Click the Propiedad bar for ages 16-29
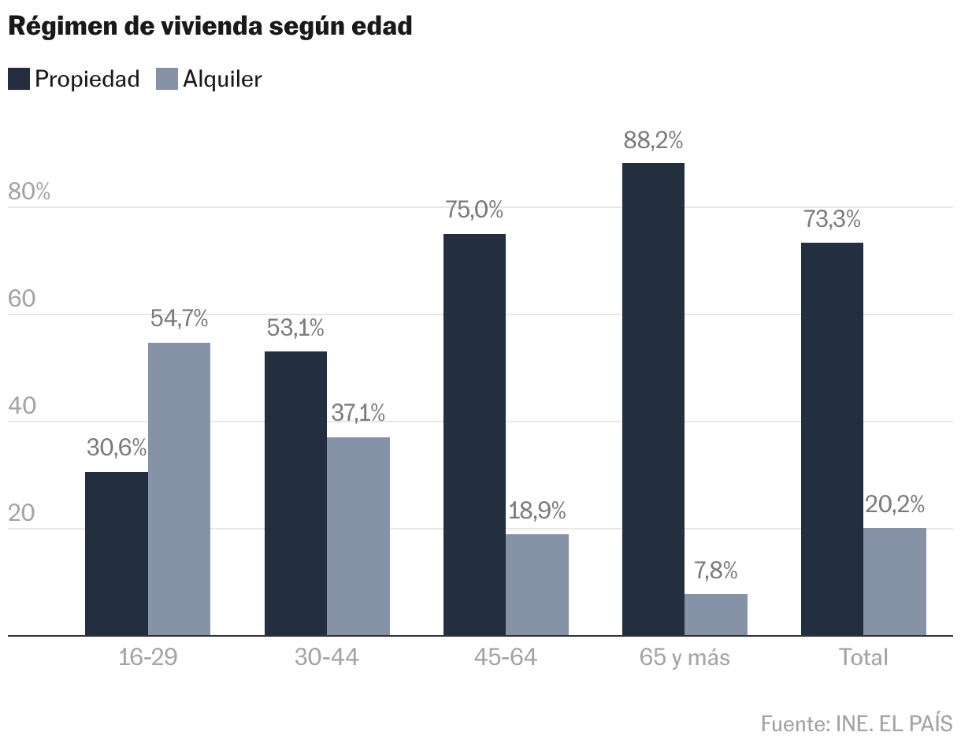(117, 554)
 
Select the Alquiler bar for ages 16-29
(179, 489)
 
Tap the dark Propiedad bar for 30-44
(296, 493)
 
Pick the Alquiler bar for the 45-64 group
(537, 585)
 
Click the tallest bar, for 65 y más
(653, 400)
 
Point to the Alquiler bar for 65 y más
(716, 615)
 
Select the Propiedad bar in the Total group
(832, 439)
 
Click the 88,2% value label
(653, 140)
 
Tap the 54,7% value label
(179, 318)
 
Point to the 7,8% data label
(716, 570)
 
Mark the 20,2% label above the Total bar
(895, 504)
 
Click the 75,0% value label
(474, 210)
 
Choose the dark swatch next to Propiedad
(19, 79)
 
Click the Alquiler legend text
(222, 79)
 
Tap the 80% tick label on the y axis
(29, 191)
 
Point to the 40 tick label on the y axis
(22, 406)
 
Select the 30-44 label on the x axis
(327, 656)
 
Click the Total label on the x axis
(863, 656)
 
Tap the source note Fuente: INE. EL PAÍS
(857, 723)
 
